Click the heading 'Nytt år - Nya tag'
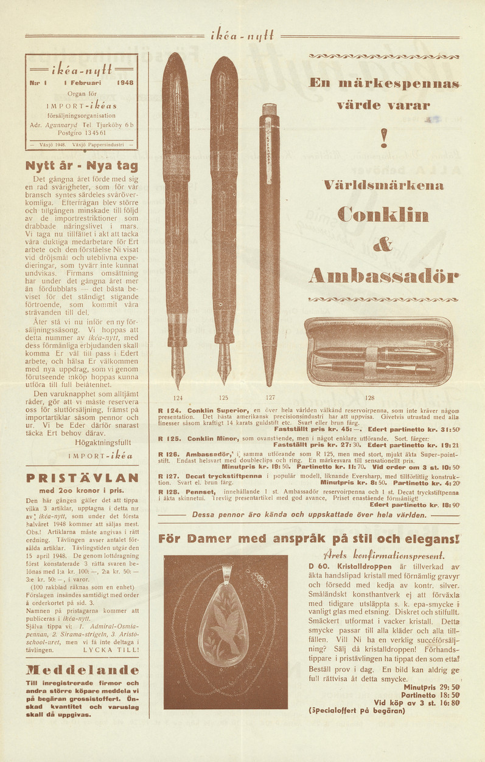[x=82, y=165]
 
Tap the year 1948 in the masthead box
[x=125, y=82]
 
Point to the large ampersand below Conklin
[x=383, y=245]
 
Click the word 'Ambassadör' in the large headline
[x=383, y=276]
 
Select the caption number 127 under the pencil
[x=270, y=398]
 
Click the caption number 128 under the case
[x=370, y=398]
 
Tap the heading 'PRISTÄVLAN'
[x=82, y=478]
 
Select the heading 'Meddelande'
[x=82, y=671]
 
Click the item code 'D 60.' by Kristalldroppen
[x=318, y=566]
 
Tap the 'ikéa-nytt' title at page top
[x=242, y=36]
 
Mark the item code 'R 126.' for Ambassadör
[x=169, y=453]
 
